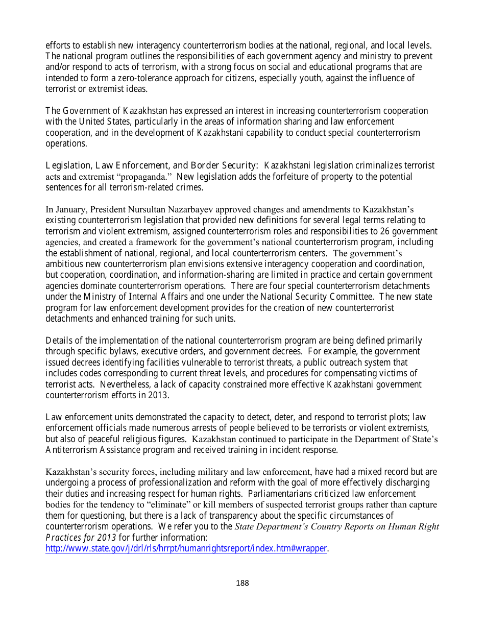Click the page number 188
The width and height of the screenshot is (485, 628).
pos(243,583)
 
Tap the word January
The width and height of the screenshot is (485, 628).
pos(70,209)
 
